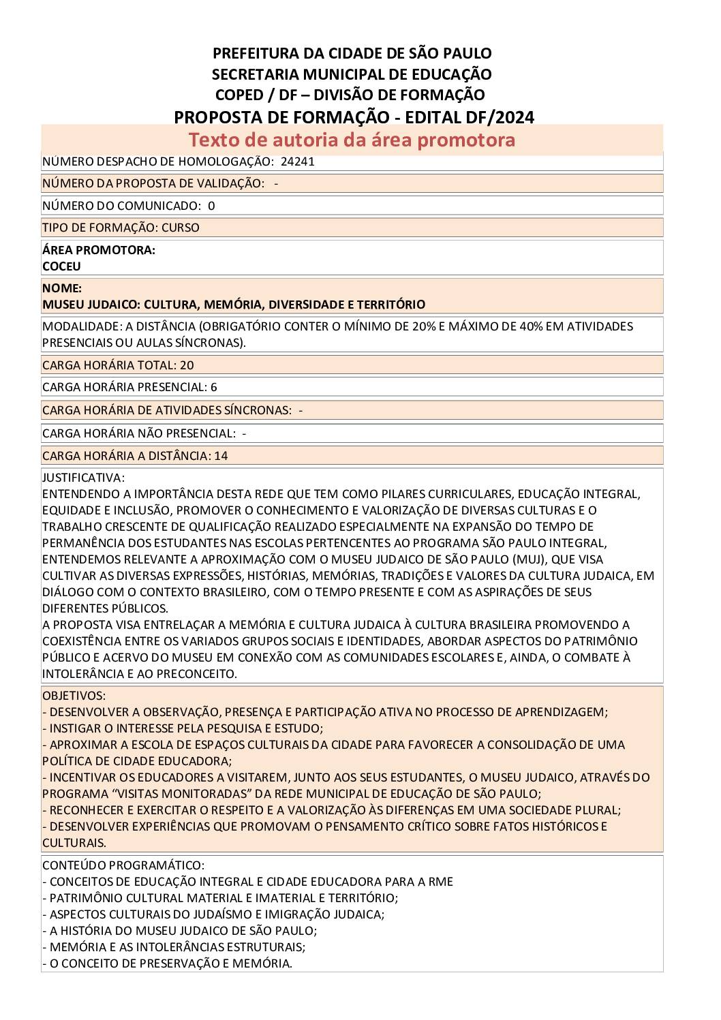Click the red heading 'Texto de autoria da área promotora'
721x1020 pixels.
352,140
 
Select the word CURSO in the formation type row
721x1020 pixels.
181,228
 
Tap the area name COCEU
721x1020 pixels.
61,266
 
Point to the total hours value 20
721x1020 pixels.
187,365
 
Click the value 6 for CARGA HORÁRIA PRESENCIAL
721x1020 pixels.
214,387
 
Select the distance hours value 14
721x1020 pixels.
221,456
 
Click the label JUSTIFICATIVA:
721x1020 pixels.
83,478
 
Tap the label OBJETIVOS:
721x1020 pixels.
74,696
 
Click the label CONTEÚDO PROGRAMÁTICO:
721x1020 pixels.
123,865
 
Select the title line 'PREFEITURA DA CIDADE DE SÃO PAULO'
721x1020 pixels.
352,53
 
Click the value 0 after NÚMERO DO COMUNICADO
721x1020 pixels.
211,206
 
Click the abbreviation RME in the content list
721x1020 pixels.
440,882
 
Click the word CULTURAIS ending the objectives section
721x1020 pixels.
74,843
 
